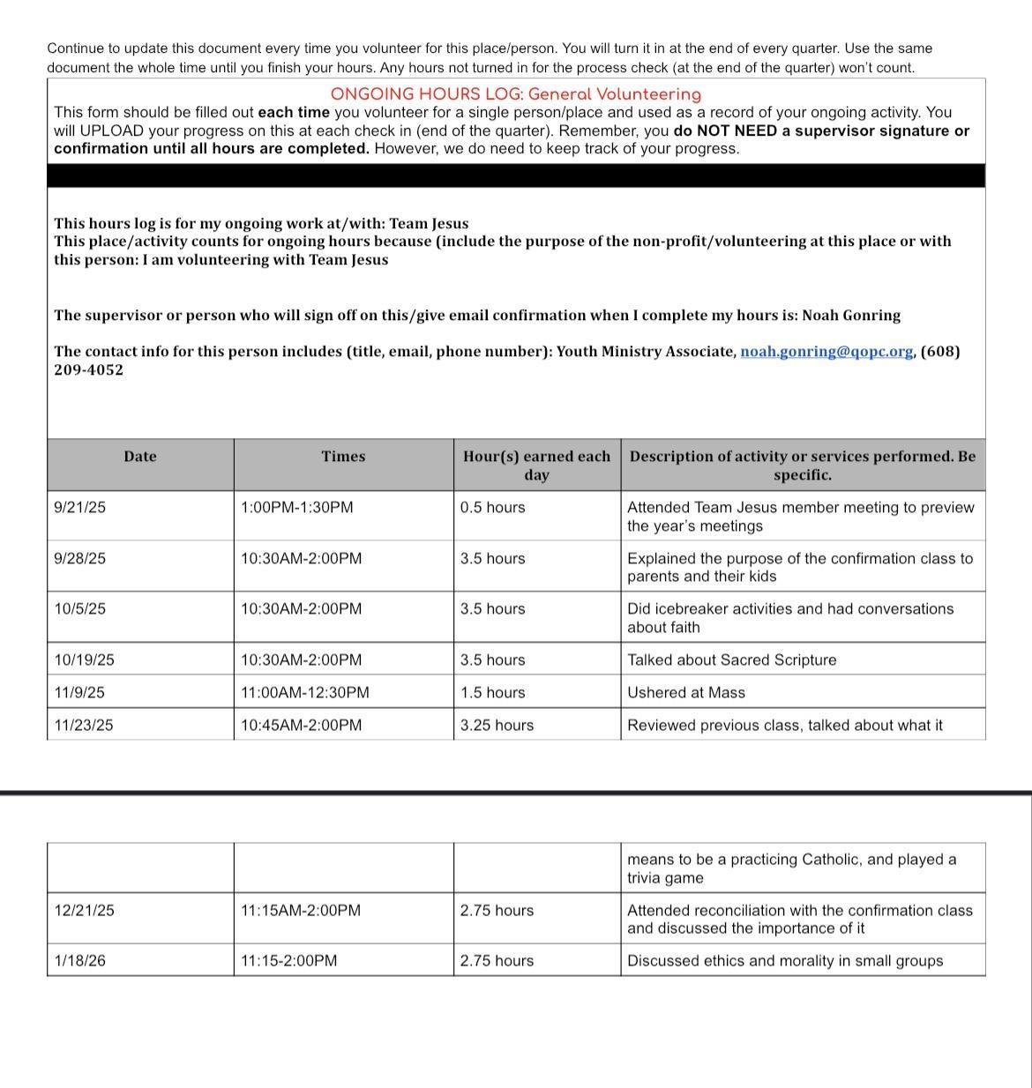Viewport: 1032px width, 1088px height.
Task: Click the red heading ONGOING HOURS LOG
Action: [x=515, y=94]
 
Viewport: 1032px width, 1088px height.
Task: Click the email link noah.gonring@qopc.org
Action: [x=826, y=352]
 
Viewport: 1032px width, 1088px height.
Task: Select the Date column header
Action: [x=139, y=457]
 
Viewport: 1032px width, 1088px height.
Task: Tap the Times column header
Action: [x=343, y=457]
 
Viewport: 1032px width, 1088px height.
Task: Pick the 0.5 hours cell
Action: [x=492, y=508]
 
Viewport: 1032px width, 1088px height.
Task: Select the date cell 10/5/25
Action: [x=79, y=609]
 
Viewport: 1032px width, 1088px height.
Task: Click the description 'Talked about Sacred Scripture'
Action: [x=731, y=660]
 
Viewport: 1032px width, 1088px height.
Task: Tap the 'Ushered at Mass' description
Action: [x=685, y=693]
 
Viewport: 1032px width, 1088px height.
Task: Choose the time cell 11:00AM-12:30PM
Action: [x=304, y=693]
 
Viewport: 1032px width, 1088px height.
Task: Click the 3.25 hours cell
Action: [x=497, y=726]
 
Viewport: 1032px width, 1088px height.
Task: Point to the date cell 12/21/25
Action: [x=84, y=911]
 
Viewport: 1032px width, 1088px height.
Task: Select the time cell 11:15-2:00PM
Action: [x=288, y=961]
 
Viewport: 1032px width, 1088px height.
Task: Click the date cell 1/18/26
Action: [x=79, y=961]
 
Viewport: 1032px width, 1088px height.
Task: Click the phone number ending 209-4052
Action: [x=88, y=370]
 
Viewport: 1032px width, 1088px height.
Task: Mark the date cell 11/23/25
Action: [x=84, y=726]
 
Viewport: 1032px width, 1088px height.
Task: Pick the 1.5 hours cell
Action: [x=492, y=693]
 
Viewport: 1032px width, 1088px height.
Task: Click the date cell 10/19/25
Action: [x=84, y=660]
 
